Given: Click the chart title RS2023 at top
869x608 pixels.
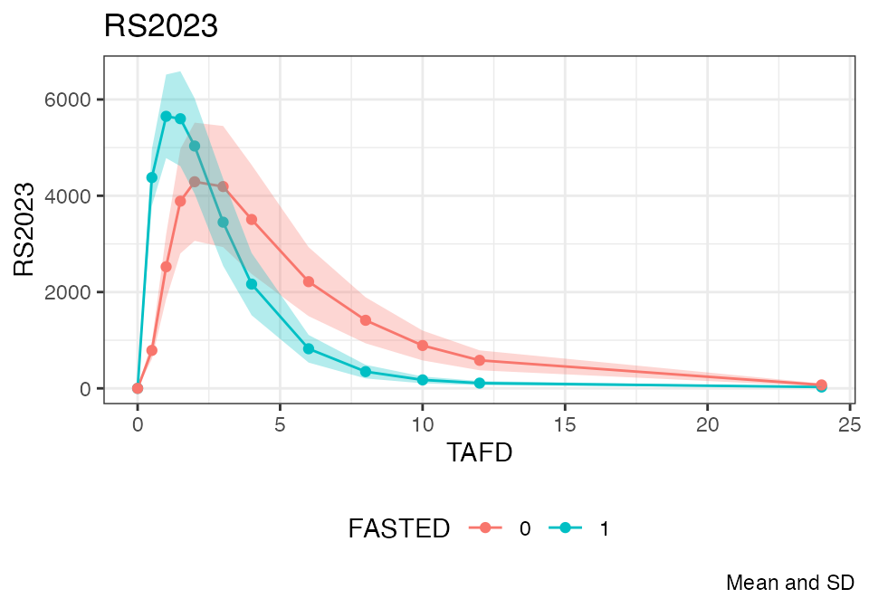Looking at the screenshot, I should [x=161, y=27].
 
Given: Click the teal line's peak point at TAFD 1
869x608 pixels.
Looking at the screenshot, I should [x=166, y=116].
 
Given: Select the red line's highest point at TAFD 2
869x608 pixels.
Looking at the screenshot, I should [x=195, y=182].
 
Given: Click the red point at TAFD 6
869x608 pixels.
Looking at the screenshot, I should [x=309, y=281].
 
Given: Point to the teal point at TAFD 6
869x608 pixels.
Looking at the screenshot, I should [x=309, y=348].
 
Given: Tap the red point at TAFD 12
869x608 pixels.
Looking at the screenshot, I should [x=480, y=360].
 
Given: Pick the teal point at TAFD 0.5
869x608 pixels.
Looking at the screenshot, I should [x=152, y=177].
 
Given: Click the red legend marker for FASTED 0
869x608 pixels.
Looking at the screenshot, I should [x=485, y=529].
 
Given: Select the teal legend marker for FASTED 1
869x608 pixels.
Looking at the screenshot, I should [x=566, y=529].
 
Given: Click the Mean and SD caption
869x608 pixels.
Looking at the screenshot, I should [x=789, y=583].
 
